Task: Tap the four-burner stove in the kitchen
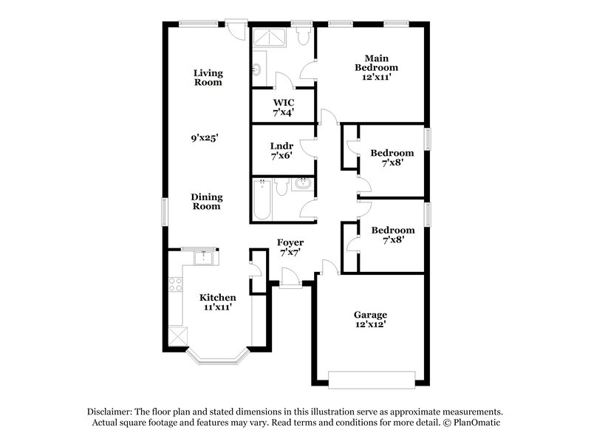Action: (x=175, y=284)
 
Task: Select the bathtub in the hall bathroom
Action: (x=262, y=199)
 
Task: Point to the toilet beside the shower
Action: (x=301, y=37)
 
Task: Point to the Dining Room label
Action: (x=207, y=202)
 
